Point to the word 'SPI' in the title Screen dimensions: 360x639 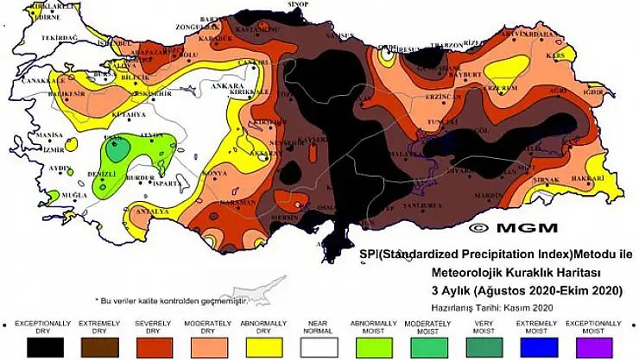coord(368,256)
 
